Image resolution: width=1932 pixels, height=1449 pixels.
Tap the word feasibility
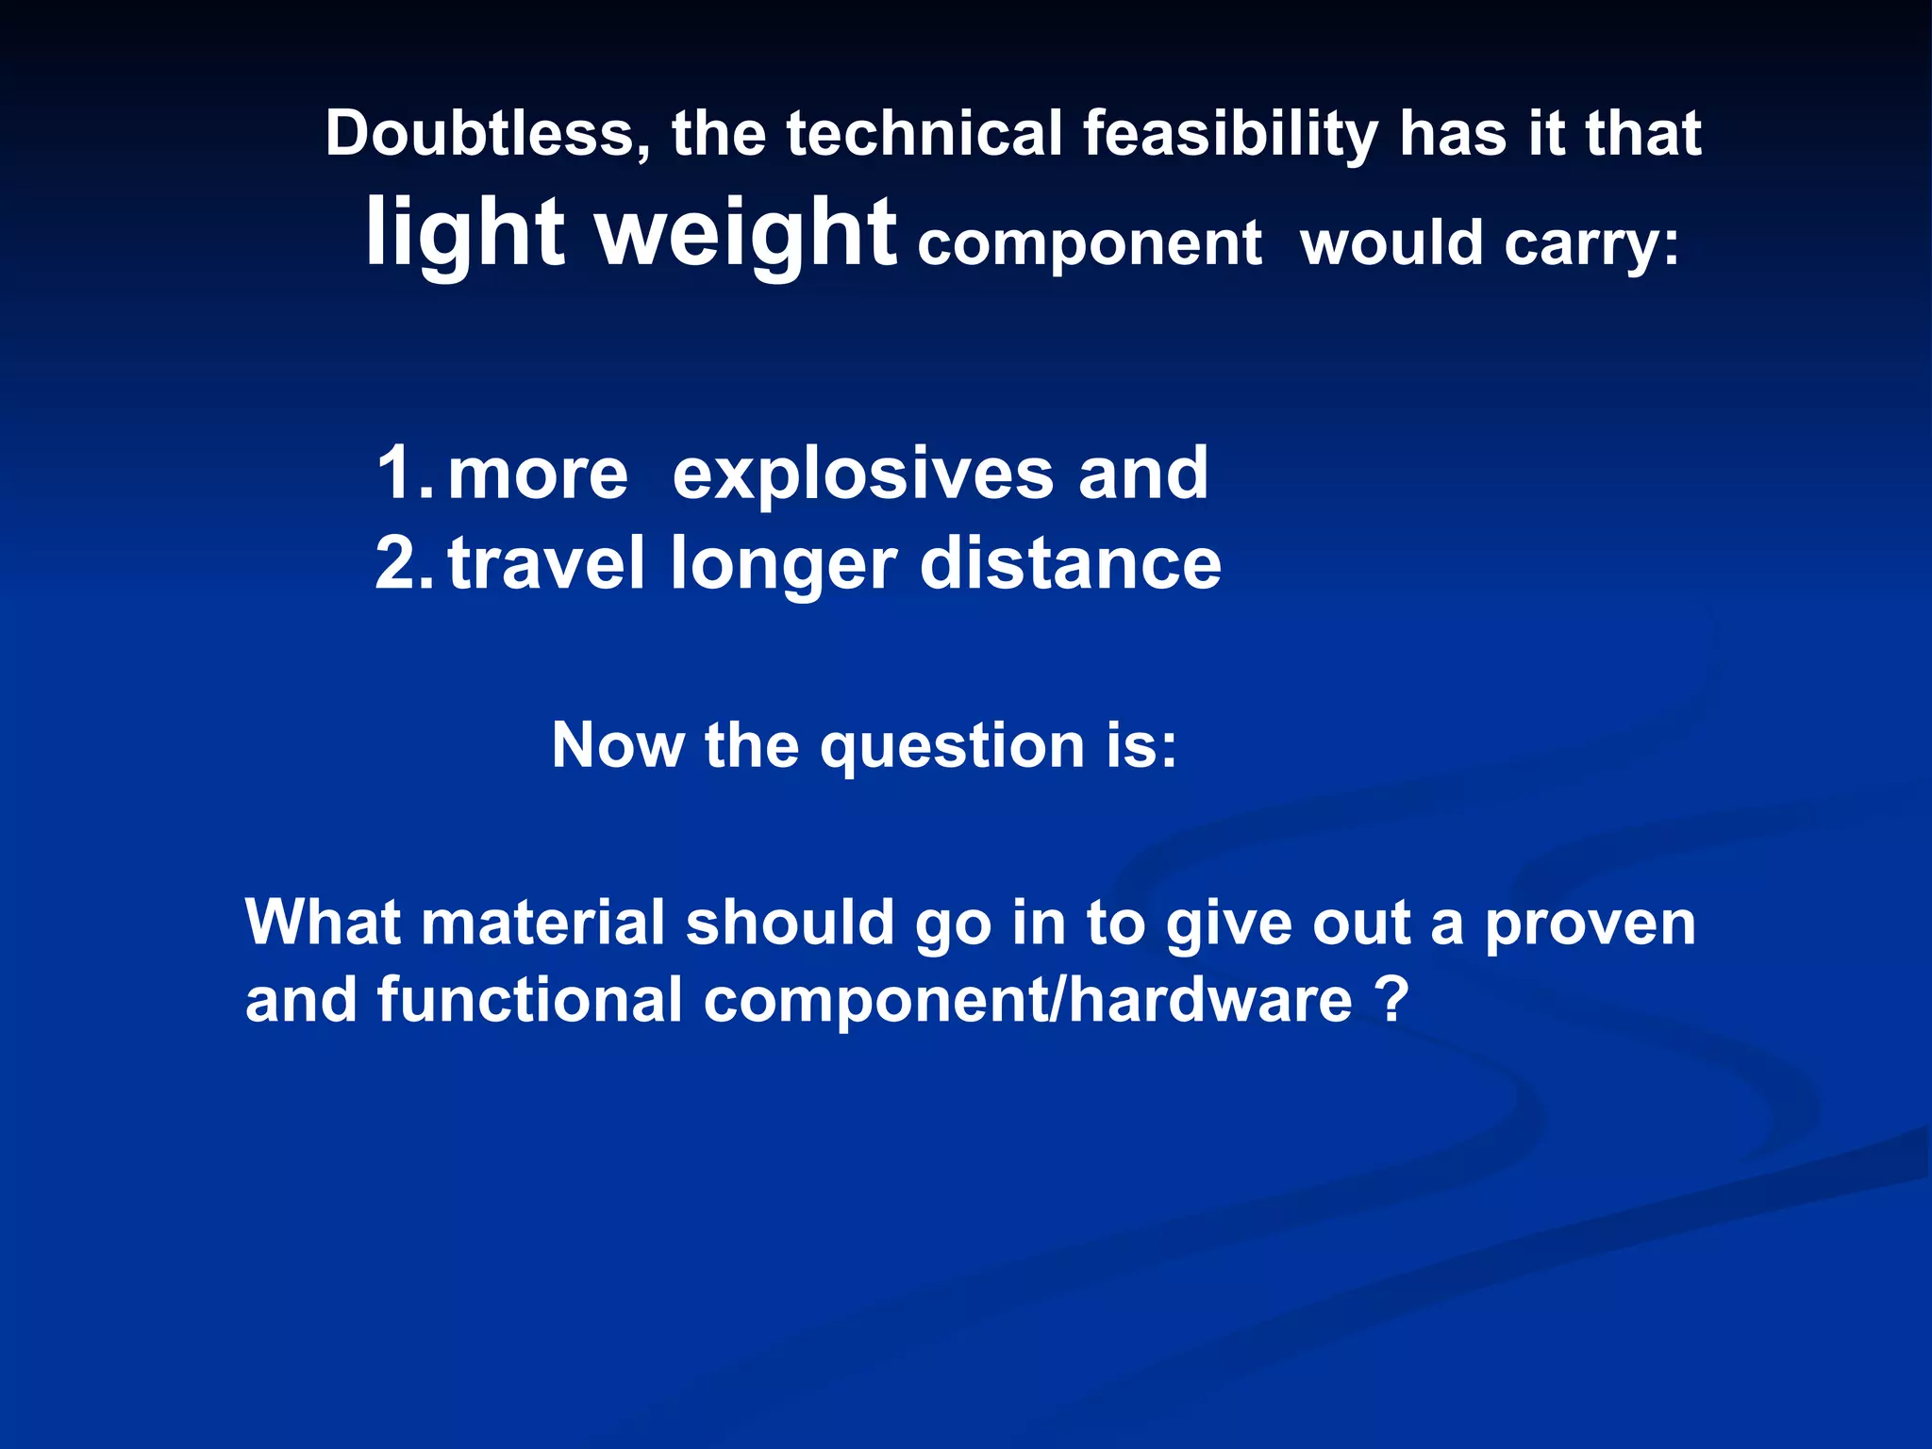1230,135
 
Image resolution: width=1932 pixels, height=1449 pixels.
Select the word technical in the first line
924,133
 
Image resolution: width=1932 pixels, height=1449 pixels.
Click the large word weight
746,234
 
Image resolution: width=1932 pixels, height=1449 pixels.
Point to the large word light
465,234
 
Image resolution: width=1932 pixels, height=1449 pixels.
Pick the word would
1391,243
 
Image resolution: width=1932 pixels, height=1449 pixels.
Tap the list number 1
401,473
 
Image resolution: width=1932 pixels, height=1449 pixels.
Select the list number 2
401,563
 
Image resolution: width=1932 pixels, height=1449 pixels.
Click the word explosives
862,473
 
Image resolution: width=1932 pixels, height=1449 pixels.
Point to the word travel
546,563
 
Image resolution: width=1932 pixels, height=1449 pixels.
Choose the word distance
1071,563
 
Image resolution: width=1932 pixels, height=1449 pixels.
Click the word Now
618,745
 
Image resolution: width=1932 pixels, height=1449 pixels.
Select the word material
542,922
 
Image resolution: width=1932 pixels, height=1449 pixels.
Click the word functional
529,1000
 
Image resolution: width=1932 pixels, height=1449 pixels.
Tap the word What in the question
323,922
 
